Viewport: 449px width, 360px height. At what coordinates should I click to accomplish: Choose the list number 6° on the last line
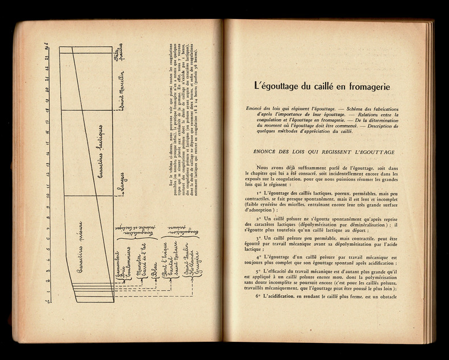[x=259, y=297]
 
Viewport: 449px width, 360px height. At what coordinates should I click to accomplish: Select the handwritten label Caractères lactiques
[x=101, y=154]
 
